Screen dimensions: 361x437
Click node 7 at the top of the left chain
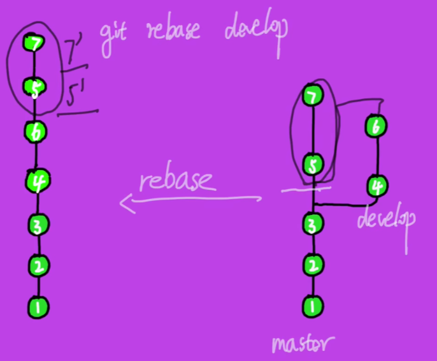[x=32, y=44]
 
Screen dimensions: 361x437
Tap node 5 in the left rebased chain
[x=34, y=88]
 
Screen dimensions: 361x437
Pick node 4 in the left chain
[x=37, y=182]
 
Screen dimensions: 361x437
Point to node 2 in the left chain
[x=38, y=265]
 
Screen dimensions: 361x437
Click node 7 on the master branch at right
[x=312, y=96]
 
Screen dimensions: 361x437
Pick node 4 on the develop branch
[x=376, y=187]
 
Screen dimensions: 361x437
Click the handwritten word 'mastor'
[x=302, y=344]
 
